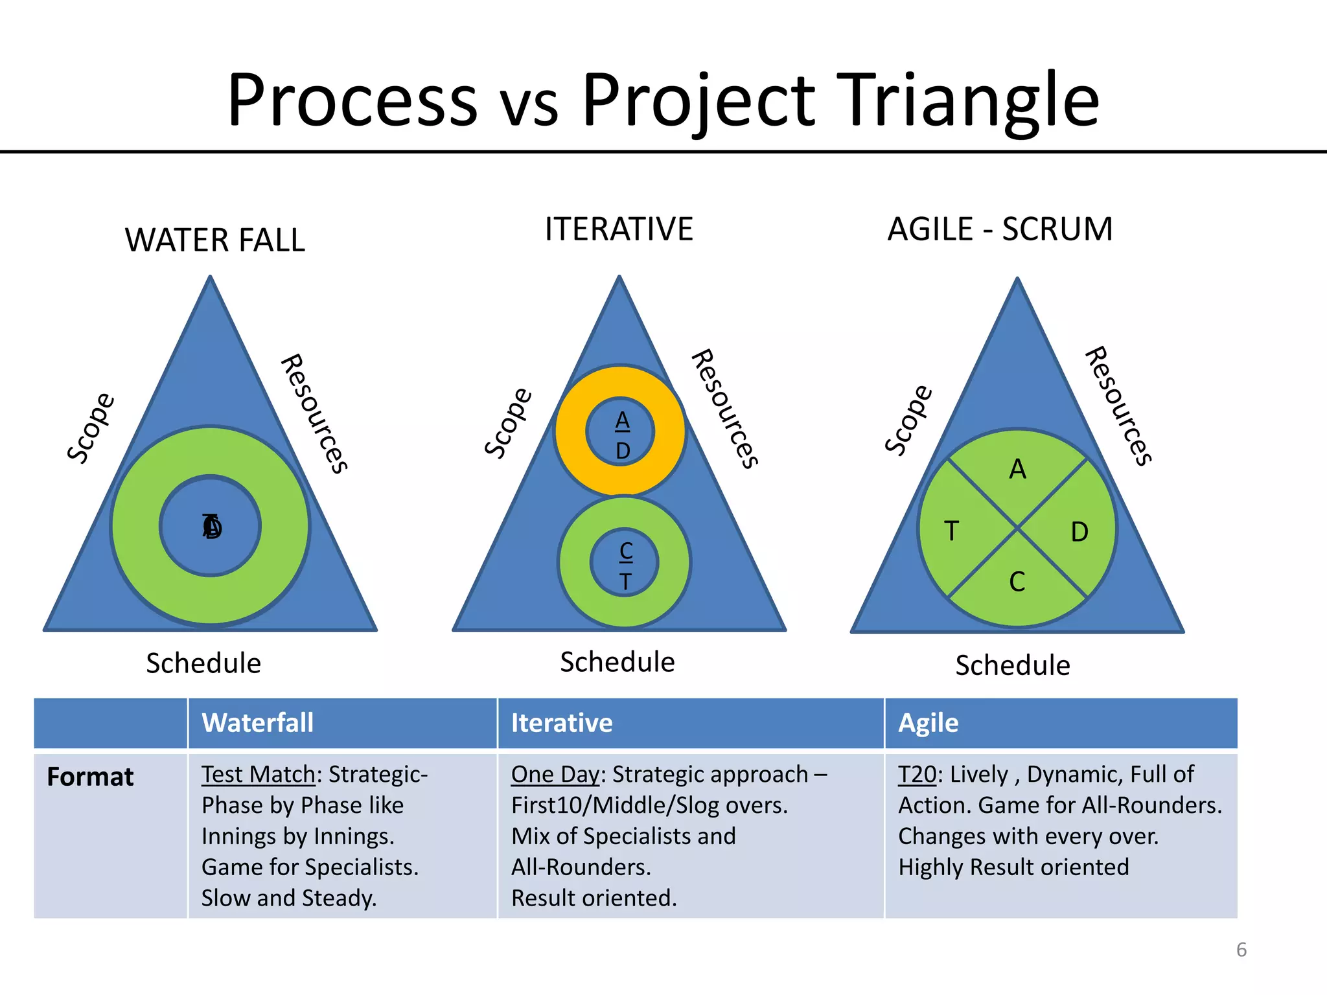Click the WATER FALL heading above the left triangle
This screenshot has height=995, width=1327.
[x=214, y=240]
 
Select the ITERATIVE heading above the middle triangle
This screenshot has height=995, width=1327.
[x=619, y=229]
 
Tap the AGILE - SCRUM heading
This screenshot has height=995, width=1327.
[x=1000, y=229]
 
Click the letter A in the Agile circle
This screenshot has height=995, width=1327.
[x=1017, y=469]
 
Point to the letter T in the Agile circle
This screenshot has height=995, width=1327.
[x=951, y=531]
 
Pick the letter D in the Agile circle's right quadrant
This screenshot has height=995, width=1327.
[x=1079, y=532]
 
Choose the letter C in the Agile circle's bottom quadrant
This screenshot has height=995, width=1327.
[x=1017, y=582]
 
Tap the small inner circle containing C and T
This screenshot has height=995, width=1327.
[x=625, y=562]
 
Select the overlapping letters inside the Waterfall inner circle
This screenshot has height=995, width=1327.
[x=212, y=527]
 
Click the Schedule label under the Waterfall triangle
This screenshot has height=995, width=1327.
[x=203, y=663]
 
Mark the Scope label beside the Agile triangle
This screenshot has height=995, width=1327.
[x=908, y=420]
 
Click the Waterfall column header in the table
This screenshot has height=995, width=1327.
[x=258, y=723]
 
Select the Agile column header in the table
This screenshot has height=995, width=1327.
[x=928, y=723]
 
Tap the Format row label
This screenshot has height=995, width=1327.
[x=90, y=777]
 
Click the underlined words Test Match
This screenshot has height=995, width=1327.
[x=258, y=775]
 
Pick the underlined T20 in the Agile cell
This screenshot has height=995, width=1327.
[x=917, y=775]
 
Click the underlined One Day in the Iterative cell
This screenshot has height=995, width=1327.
[x=555, y=775]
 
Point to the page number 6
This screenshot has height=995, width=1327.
[x=1241, y=950]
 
